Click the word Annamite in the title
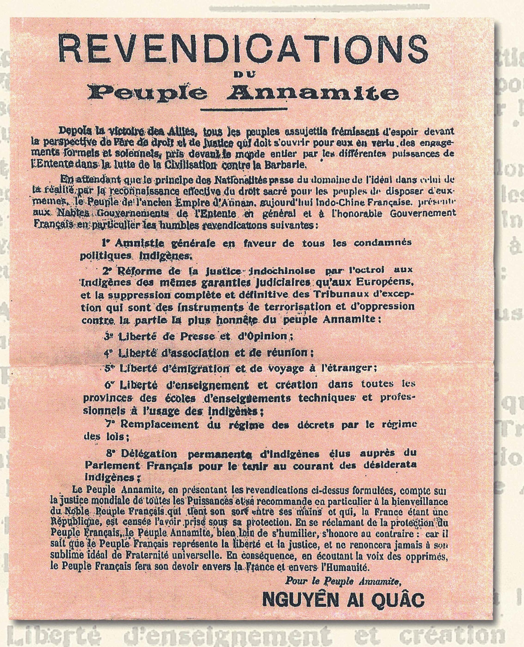pos(312,94)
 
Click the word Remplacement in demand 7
pos(160,424)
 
